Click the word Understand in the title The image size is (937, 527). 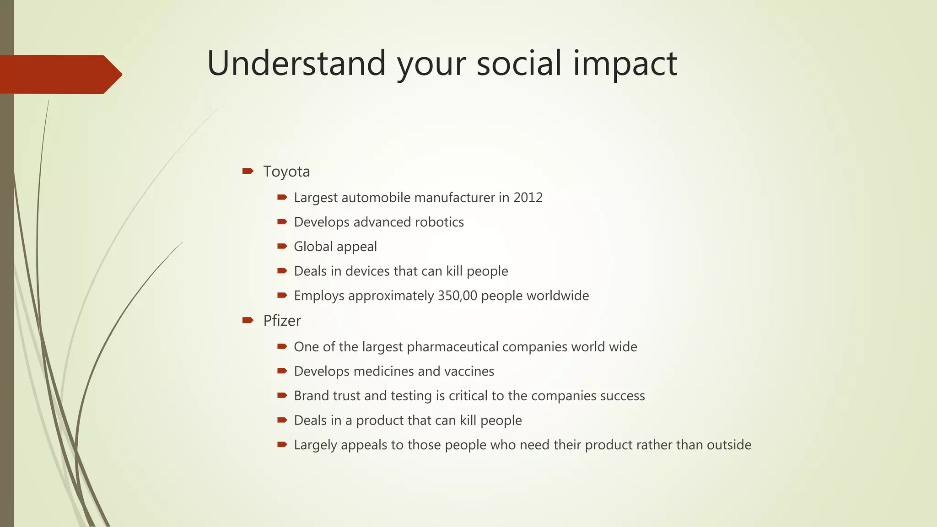296,63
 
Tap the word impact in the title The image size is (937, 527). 625,64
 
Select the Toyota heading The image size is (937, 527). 286,172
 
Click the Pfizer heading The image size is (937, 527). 282,321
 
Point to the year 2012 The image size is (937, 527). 528,198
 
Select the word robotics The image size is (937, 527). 439,222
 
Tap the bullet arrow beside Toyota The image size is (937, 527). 248,171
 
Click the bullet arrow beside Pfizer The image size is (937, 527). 248,320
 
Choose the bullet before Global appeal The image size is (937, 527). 282,247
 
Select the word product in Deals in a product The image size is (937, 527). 380,420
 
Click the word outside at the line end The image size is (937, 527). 729,445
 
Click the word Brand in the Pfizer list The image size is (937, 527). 311,396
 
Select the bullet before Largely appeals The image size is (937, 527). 282,444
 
